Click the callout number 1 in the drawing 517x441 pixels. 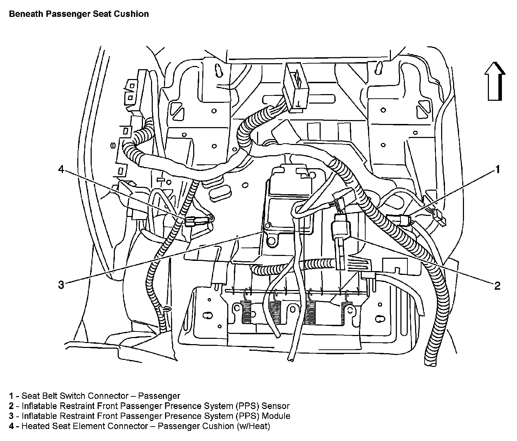[497, 170]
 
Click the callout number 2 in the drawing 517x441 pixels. [497, 285]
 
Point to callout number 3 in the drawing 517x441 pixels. [61, 284]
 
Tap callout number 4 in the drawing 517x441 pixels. [61, 170]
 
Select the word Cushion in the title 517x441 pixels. [134, 14]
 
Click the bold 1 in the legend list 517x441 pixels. [11, 396]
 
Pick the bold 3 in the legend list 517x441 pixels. [11, 416]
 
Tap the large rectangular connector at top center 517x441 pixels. [296, 86]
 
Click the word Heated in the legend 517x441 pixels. [35, 426]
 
